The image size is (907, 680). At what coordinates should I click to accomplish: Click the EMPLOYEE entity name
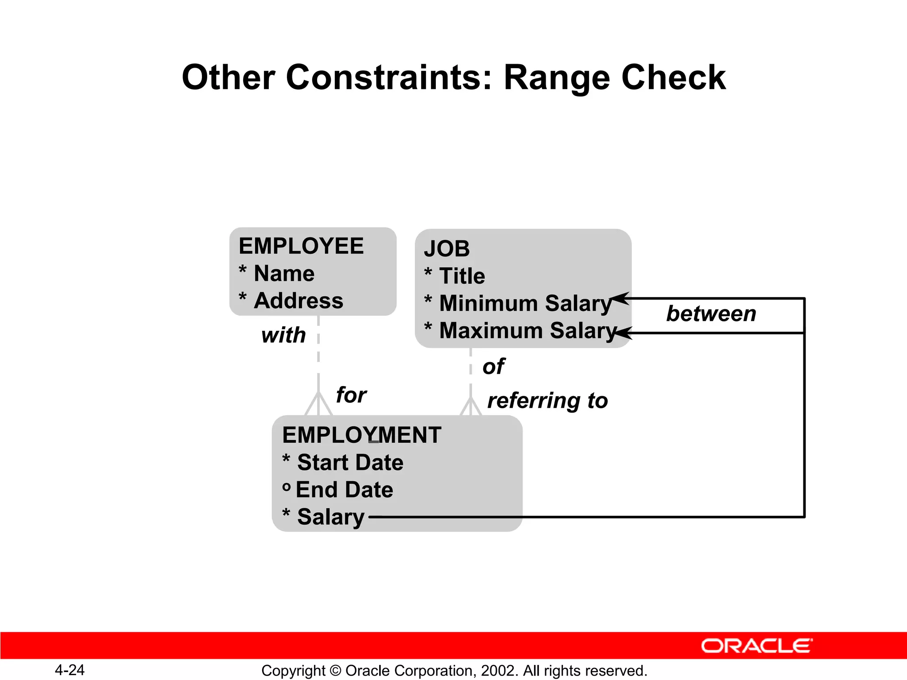coord(301,246)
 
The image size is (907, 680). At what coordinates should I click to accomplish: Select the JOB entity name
coord(447,249)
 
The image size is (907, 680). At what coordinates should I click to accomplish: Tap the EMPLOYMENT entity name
coord(361,435)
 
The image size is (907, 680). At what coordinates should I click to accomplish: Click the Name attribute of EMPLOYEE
coord(284,273)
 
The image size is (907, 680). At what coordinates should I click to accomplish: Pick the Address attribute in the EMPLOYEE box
coord(298,301)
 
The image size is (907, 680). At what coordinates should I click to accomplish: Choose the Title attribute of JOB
coord(462,276)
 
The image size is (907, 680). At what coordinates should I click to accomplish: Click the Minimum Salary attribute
coord(525,303)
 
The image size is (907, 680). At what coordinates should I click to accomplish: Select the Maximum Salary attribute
coord(527,331)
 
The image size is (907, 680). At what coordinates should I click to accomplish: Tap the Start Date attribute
coord(350,462)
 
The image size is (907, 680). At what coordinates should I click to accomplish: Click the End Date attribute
coord(344,490)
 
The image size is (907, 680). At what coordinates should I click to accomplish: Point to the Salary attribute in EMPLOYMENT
coord(330,517)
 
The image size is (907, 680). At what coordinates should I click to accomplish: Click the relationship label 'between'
coord(711,314)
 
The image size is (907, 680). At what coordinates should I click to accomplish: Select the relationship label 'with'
coord(283,335)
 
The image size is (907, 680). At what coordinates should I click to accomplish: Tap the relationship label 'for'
coord(351,395)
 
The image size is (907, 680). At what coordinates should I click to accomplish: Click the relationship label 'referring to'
coord(547,401)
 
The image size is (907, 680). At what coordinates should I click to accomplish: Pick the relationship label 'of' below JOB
coord(493,367)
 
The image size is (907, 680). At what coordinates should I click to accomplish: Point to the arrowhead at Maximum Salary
coord(622,332)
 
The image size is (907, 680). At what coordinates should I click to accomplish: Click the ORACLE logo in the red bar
coord(756,646)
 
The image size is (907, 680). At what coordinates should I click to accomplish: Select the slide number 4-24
coord(70,670)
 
